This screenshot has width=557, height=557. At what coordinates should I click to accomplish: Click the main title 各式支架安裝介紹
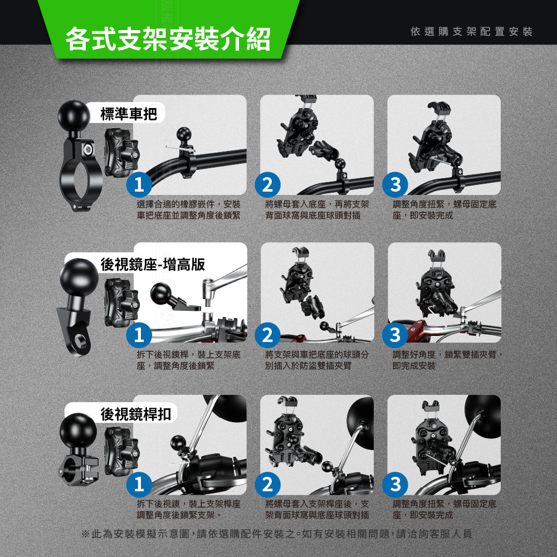[x=168, y=39]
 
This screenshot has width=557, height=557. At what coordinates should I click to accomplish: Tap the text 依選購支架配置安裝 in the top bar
[x=471, y=32]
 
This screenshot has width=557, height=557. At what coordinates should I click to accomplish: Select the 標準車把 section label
[x=129, y=114]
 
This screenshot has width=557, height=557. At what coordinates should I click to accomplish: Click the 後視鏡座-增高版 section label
[x=153, y=264]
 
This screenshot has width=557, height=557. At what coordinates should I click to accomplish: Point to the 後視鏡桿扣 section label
[x=136, y=414]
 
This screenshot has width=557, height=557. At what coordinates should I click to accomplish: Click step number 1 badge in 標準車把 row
[x=139, y=184]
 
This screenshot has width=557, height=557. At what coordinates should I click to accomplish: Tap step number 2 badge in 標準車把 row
[x=267, y=184]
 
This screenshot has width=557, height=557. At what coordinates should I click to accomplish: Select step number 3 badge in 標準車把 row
[x=395, y=184]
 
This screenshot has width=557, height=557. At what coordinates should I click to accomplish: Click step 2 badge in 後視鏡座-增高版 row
[x=267, y=335]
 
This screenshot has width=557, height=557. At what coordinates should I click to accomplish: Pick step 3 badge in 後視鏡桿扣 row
[x=395, y=484]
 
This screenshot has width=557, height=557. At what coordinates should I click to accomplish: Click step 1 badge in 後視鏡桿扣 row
[x=139, y=484]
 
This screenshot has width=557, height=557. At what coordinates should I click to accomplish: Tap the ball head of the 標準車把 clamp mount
[x=74, y=116]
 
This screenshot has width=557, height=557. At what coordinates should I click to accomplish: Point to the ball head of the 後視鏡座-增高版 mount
[x=79, y=277]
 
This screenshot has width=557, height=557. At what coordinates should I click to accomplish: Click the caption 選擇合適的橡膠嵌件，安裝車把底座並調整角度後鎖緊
[x=189, y=209]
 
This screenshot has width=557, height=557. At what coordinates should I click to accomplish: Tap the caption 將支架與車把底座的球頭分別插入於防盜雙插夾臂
[x=317, y=360]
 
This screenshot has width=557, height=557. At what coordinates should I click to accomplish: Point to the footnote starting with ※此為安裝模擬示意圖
[x=277, y=534]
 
